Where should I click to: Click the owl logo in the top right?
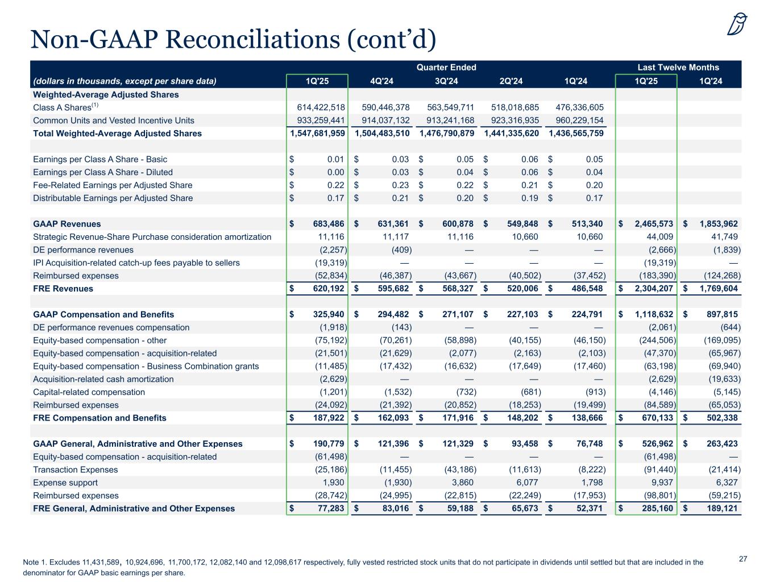(x=737, y=24)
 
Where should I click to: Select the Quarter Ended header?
(x=446, y=67)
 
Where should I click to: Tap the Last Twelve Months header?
(x=678, y=67)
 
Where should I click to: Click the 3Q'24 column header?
(x=446, y=81)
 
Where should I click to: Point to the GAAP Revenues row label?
(x=67, y=224)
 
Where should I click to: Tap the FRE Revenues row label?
(x=63, y=289)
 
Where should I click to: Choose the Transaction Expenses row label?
(x=76, y=470)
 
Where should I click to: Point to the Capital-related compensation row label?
(x=89, y=392)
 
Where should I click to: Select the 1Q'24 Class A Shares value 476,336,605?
(x=576, y=107)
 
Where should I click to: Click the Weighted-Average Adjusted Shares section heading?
(x=106, y=95)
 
